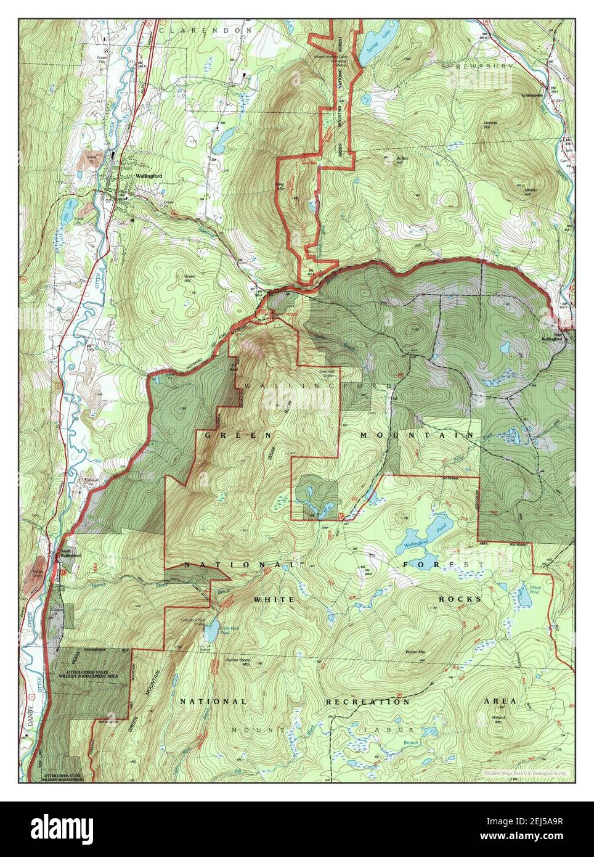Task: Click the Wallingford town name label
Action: click(149, 177)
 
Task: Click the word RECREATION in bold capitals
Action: click(367, 702)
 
